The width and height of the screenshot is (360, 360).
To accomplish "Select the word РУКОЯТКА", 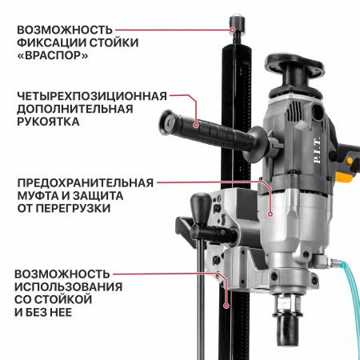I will pyautogui.click(x=48, y=124).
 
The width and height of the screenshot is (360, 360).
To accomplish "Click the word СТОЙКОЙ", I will pyautogui.click(x=64, y=299).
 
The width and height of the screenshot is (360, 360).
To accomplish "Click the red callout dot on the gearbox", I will pyautogui.click(x=271, y=214).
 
